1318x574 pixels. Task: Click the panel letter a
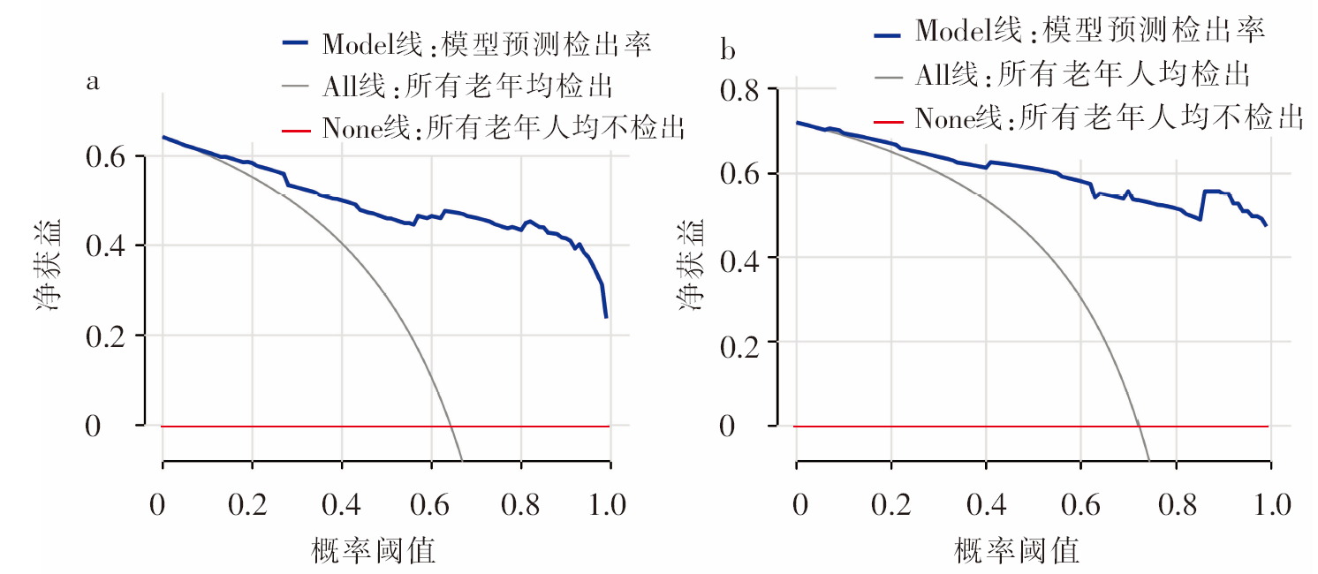(92, 82)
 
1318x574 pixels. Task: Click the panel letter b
(728, 50)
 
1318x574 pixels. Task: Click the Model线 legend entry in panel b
(1091, 30)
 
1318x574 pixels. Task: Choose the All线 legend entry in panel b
(1083, 74)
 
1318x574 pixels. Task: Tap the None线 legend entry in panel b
(1109, 117)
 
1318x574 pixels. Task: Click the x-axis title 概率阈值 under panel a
(375, 551)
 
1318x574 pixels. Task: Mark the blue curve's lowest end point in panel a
(606, 316)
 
